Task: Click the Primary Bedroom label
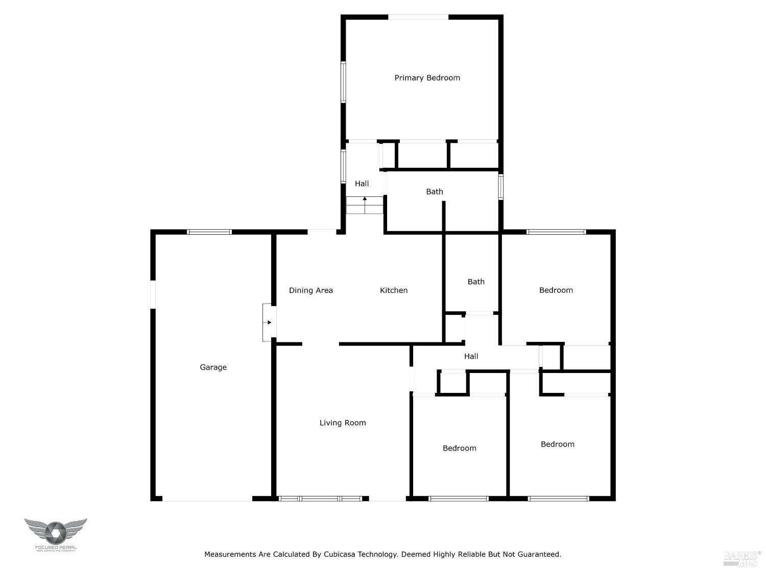click(427, 78)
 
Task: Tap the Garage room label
click(213, 367)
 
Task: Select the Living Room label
click(343, 423)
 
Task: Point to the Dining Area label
click(310, 291)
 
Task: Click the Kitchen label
click(394, 291)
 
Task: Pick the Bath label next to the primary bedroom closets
click(435, 192)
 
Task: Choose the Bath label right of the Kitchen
click(476, 282)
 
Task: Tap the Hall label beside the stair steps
click(362, 184)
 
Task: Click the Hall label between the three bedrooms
click(471, 357)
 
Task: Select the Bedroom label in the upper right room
click(556, 290)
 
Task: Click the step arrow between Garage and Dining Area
click(268, 322)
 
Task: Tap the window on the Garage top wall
click(209, 232)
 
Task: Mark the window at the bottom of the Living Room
click(323, 498)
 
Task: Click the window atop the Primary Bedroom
click(418, 17)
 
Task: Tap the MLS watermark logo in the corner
click(742, 559)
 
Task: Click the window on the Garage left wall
click(153, 294)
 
